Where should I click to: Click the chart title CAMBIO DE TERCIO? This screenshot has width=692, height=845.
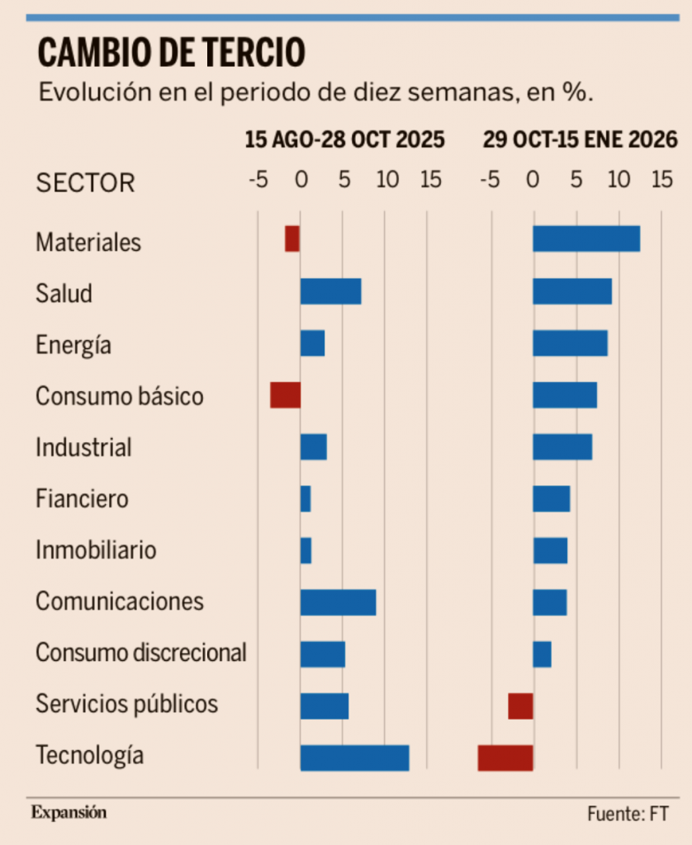(x=172, y=53)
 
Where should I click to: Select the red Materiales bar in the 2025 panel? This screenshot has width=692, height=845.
(x=292, y=239)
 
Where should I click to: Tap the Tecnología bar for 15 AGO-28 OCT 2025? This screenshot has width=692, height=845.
(x=354, y=758)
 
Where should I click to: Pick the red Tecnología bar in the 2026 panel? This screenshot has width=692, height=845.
(x=505, y=758)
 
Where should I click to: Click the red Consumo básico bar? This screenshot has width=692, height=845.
(x=285, y=395)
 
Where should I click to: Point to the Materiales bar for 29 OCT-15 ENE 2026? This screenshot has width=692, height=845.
(x=586, y=239)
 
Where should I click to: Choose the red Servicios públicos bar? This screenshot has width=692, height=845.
(x=520, y=706)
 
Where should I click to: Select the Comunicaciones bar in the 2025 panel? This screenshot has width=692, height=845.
(x=338, y=602)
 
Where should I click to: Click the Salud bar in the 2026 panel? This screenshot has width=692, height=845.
(x=572, y=291)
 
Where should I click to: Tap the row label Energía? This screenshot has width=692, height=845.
(x=73, y=345)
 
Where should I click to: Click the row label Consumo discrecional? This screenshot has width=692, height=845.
(x=141, y=653)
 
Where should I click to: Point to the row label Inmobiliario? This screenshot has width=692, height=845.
(x=96, y=550)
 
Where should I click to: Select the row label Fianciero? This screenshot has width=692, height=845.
(x=82, y=498)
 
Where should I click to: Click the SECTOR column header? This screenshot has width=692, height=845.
(x=85, y=182)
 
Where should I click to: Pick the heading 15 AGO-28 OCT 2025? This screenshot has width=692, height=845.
(x=344, y=139)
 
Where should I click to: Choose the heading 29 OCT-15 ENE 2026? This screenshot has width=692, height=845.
(x=580, y=139)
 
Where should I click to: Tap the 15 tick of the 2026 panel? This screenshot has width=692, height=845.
(x=662, y=179)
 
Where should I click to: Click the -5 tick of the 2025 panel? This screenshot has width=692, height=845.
(x=258, y=179)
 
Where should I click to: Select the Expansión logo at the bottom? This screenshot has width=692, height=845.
(x=69, y=812)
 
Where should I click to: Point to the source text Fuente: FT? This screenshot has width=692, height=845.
(x=628, y=814)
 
